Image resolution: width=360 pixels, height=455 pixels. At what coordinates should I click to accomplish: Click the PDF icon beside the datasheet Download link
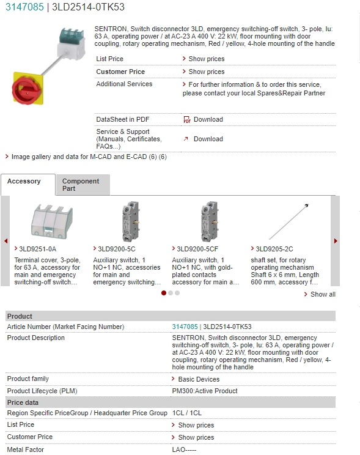coord(187,120)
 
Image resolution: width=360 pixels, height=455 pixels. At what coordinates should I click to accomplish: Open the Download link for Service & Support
coord(208,139)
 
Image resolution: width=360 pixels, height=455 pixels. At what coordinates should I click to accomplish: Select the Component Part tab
coord(81,185)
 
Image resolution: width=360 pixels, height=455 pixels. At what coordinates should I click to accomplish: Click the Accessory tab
coord(24,182)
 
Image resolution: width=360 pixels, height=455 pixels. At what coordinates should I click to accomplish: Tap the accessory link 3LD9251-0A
coord(37,249)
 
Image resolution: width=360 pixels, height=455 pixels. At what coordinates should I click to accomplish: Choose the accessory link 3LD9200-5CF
coord(197,249)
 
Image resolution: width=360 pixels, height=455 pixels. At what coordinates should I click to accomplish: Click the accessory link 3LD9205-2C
coord(274,249)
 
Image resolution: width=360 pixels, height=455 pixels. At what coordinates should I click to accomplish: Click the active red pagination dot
coord(164,293)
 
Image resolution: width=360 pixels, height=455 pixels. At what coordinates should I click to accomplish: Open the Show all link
coord(323,294)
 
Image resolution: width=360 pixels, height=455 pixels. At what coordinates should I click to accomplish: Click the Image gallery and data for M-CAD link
coord(85,157)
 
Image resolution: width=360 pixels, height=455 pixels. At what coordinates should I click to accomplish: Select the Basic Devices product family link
coord(199,379)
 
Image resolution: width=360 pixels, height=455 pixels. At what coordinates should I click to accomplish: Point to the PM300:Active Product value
coord(205,391)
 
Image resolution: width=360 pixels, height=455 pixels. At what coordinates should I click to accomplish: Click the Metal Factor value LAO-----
coord(185,449)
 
